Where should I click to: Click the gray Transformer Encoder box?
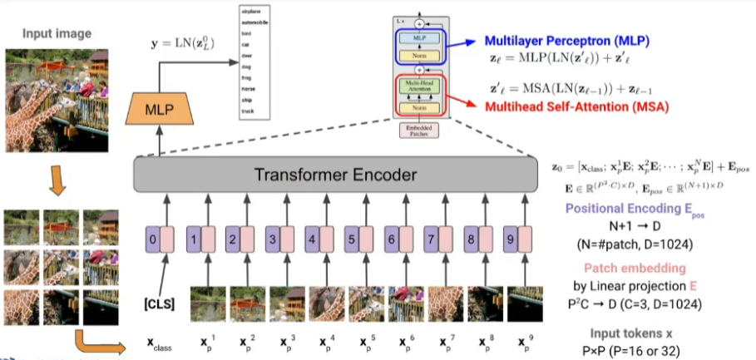(x=330, y=175)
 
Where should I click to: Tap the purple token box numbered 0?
(x=151, y=242)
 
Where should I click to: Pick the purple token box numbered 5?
(x=351, y=242)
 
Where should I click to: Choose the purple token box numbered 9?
(x=510, y=242)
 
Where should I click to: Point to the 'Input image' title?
(x=57, y=33)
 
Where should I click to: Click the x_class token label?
(x=159, y=343)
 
